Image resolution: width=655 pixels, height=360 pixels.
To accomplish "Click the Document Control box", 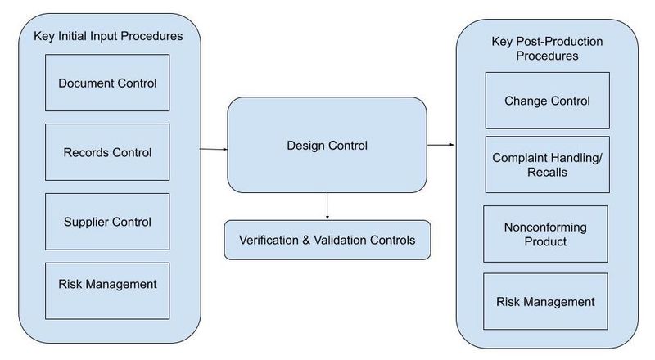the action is tap(107, 83).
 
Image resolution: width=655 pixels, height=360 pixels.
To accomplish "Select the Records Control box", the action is tap(107, 152).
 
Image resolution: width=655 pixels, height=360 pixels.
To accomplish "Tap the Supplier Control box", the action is tap(107, 222).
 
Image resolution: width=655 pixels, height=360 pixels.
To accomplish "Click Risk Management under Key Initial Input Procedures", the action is tap(107, 290).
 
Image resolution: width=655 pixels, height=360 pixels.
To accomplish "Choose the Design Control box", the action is tap(327, 145).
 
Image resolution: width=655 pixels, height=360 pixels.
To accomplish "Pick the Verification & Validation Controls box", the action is tap(327, 241).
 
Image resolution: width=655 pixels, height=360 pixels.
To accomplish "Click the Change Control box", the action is tap(547, 101).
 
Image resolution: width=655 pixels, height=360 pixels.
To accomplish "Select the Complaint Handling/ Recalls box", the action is tap(547, 164).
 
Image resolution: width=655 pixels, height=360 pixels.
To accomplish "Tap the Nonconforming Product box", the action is tap(545, 234).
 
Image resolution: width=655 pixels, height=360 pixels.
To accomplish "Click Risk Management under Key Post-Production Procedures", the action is tap(545, 302).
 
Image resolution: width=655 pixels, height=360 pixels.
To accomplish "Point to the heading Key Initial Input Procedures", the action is tap(108, 36).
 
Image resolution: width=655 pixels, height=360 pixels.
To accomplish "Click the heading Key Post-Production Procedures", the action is tap(547, 48).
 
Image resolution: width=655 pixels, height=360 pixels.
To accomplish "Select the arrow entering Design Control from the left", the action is tap(214, 149).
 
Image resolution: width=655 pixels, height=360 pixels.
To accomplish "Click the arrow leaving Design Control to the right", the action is tap(440, 145).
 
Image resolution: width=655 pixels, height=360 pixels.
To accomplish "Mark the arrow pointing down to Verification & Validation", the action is tap(327, 206).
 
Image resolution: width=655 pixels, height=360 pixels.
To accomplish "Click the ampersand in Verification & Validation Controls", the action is tap(306, 241).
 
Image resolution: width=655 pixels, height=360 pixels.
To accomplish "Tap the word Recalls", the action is tap(547, 172).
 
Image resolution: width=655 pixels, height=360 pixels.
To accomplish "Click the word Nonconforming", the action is tap(545, 227).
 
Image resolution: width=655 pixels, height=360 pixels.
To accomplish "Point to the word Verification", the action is tap(269, 241).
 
